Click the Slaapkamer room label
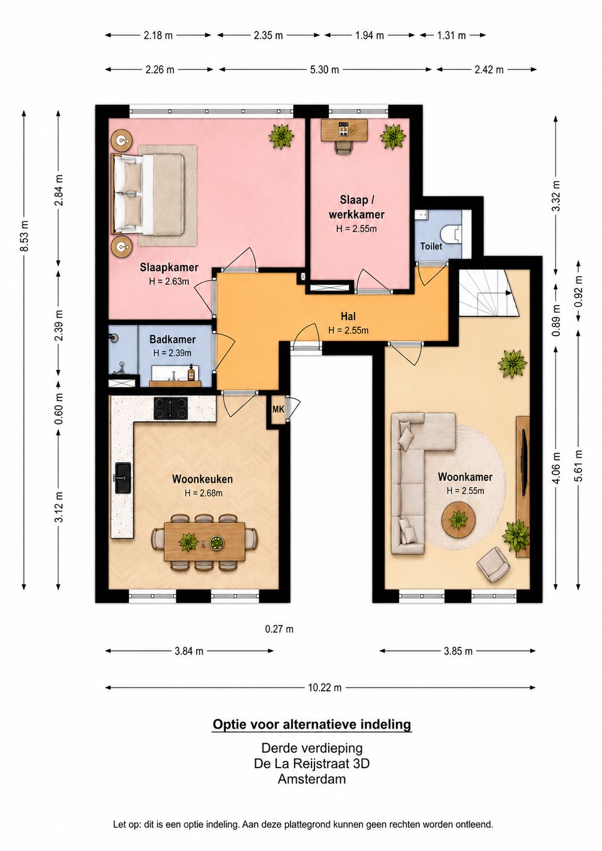tap(169, 267)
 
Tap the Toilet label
tap(431, 246)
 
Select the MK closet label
tap(278, 409)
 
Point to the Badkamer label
tap(172, 339)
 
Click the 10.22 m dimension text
tap(325, 688)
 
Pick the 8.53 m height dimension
tap(25, 236)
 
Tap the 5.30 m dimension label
tap(324, 70)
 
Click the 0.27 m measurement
tap(279, 629)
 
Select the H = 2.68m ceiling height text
tap(204, 493)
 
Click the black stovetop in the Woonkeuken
tap(171, 408)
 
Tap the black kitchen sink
tap(123, 478)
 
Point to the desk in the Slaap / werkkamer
tap(344, 130)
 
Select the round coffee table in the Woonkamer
tap(458, 519)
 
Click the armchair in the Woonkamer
tap(494, 565)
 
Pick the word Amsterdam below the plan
tap(312, 779)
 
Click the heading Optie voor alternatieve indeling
tap(312, 724)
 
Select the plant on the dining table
tap(188, 542)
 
